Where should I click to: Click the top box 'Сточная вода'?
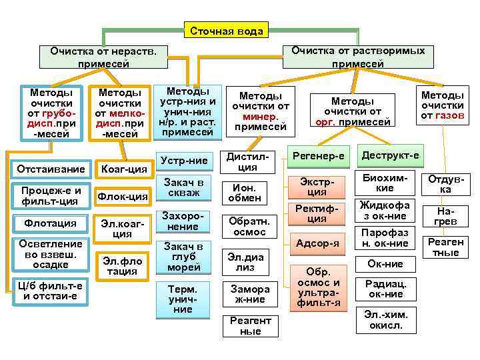tap(226, 31)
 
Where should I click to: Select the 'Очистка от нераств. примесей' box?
tap(104, 57)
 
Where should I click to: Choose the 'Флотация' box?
tap(51, 223)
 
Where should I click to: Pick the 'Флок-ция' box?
tap(123, 196)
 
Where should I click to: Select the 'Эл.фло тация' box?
tap(123, 265)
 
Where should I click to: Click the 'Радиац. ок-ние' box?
tap(385, 288)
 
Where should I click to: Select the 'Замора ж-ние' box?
tap(250, 294)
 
